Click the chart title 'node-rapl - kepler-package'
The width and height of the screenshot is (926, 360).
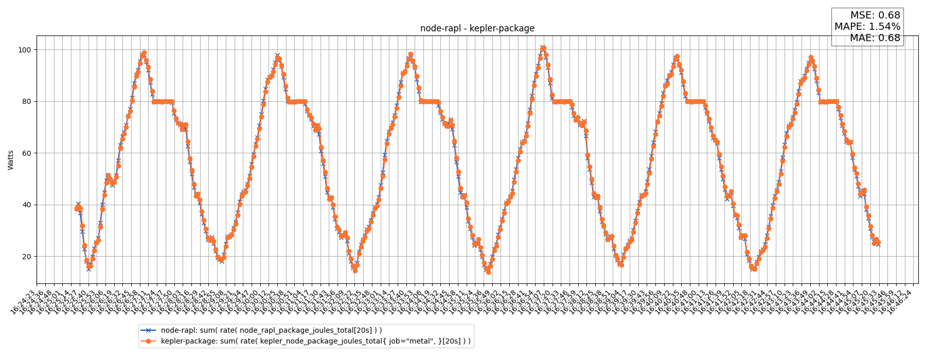[477, 29]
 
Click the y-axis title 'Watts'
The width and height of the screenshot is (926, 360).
[11, 160]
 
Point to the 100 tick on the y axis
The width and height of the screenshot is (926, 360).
[25, 50]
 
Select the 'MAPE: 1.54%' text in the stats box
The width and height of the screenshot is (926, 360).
[867, 27]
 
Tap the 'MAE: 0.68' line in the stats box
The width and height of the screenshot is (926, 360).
[875, 38]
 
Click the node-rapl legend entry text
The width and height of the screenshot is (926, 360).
[271, 330]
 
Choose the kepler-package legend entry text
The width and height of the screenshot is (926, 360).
[315, 341]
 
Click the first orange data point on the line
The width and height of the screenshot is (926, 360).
[77, 209]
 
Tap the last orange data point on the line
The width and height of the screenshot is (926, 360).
[878, 242]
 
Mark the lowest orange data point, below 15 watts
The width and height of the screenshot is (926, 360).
[488, 272]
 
